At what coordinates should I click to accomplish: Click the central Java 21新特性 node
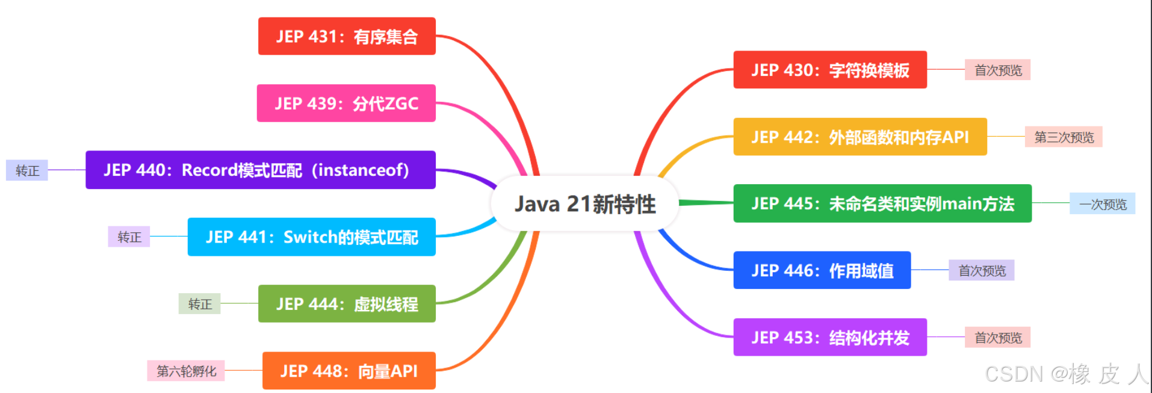point(584,204)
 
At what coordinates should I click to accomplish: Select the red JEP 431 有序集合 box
point(347,36)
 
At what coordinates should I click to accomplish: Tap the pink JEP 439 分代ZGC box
point(346,103)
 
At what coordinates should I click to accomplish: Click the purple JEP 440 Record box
point(260,170)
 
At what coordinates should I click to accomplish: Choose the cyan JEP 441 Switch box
point(311,237)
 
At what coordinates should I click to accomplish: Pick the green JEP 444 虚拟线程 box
point(347,304)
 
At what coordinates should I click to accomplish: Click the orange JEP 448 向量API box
point(348,371)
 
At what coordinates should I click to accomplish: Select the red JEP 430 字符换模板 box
point(829,70)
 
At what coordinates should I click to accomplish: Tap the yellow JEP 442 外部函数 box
point(859,137)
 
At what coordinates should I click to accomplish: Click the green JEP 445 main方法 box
point(882,203)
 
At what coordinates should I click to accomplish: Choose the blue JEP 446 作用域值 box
point(822,270)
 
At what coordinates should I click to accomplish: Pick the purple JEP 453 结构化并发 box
point(829,337)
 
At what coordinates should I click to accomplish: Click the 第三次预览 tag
point(1064,137)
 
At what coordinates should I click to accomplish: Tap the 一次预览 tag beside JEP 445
point(1102,204)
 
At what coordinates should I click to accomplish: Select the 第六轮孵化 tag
point(186,371)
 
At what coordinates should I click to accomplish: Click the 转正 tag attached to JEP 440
point(27,170)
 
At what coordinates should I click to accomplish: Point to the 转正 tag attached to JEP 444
point(199,304)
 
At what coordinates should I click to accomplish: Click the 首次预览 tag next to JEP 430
point(997,70)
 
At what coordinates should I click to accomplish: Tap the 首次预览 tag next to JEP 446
point(982,270)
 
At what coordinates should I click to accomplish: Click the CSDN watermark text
point(1066,374)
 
